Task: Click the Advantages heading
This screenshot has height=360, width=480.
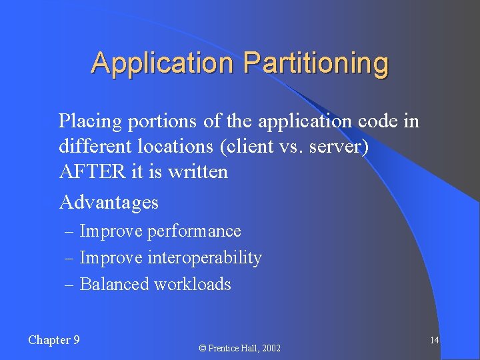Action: (109, 201)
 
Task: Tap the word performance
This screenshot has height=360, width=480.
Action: (194, 231)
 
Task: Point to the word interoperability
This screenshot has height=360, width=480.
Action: (205, 257)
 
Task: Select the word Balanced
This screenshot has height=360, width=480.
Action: (114, 284)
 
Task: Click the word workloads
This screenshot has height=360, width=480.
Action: (193, 284)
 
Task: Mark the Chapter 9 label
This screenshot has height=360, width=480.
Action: (54, 340)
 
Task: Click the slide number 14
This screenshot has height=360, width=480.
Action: (434, 341)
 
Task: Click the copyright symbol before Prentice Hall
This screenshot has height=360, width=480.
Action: (201, 348)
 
